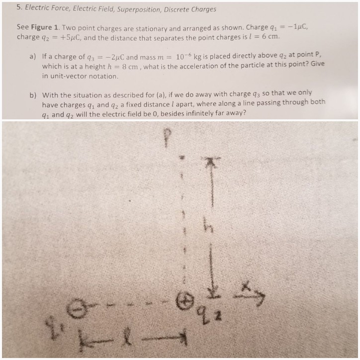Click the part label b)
(32, 94)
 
